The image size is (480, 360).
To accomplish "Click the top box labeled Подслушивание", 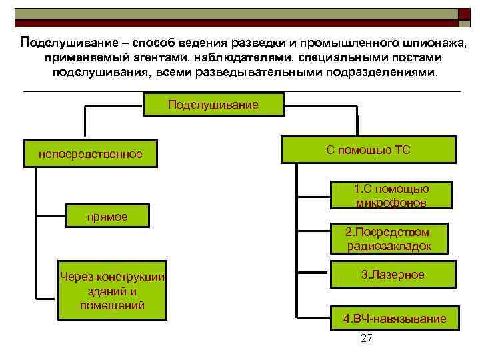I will (x=213, y=105).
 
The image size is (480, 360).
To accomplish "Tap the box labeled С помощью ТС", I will (x=368, y=150).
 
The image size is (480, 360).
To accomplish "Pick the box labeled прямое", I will (x=107, y=216).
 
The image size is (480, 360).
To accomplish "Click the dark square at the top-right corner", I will (x=463, y=13).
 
